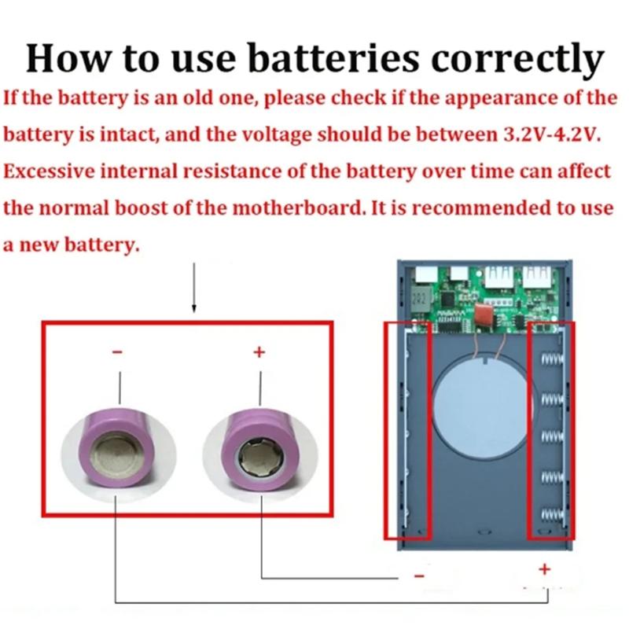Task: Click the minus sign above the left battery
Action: [x=118, y=354]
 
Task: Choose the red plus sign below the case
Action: [x=544, y=568]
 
